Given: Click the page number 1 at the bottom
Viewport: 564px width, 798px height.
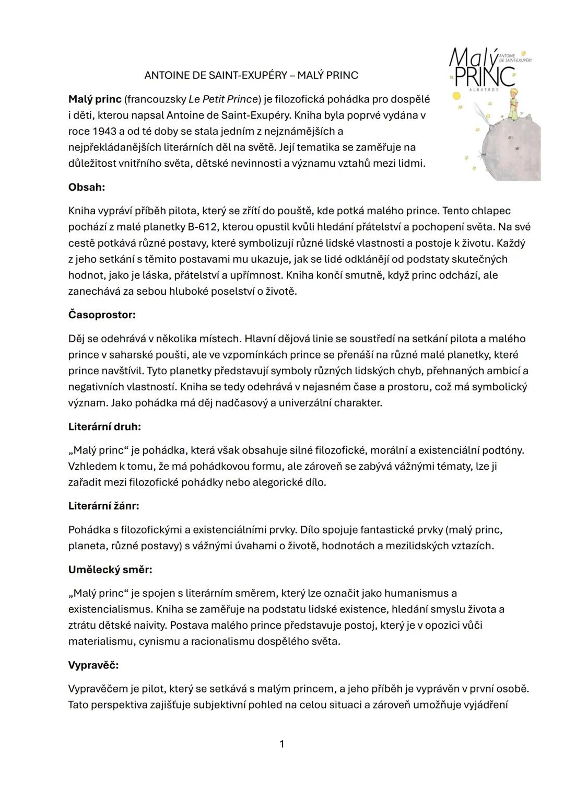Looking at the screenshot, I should (282, 744).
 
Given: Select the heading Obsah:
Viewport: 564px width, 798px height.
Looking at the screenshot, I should (87, 187).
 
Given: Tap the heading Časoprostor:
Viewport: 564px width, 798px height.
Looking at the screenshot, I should (102, 315).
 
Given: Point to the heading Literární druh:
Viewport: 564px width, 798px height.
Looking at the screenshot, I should (104, 426).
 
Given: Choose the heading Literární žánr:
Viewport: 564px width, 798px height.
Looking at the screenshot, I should (104, 506).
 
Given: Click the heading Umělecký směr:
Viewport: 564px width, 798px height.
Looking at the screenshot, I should (110, 570).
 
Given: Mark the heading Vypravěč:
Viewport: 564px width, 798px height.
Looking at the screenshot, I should (93, 665).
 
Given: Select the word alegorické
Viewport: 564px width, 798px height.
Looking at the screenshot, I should (280, 482).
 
